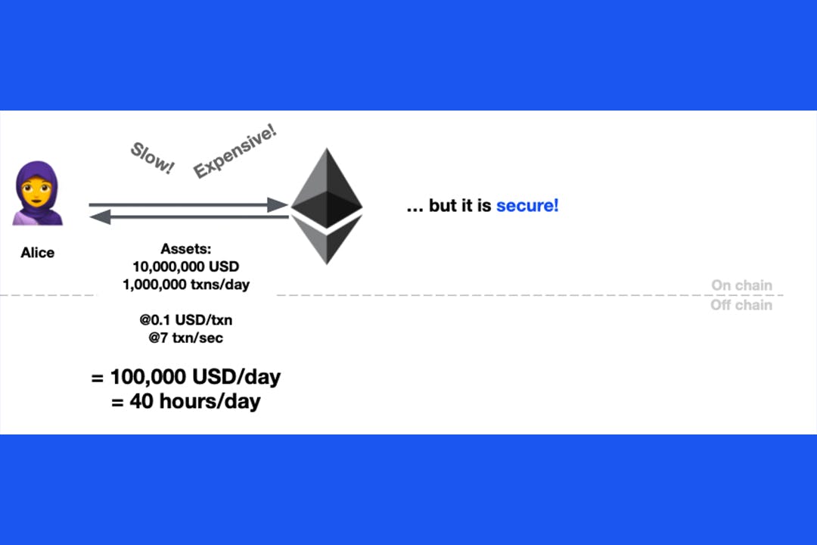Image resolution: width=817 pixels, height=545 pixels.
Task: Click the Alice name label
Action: [38, 252]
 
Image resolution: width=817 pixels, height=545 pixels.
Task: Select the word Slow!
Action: [152, 157]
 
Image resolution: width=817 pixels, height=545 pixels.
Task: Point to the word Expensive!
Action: [235, 151]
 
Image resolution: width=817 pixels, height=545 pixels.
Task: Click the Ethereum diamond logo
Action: [327, 206]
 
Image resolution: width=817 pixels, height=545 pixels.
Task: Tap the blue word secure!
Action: [527, 205]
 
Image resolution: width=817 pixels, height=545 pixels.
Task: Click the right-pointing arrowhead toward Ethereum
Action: [277, 204]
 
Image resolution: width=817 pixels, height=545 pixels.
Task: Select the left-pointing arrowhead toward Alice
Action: [100, 216]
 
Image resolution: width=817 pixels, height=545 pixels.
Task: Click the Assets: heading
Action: [186, 249]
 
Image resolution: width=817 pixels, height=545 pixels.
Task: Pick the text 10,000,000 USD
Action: [186, 266]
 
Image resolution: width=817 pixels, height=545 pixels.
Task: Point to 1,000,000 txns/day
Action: [186, 285]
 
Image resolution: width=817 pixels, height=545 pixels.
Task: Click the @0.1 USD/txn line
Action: [186, 319]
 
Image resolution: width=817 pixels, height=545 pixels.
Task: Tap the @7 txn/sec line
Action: [186, 338]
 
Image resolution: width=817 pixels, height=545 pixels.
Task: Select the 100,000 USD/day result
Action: [195, 376]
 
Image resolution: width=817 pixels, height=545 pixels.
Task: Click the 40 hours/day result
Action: [195, 402]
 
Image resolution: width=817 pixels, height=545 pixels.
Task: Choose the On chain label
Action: [741, 285]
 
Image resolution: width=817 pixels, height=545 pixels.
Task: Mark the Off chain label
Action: [741, 304]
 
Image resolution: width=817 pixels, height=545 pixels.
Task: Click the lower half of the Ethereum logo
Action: [327, 240]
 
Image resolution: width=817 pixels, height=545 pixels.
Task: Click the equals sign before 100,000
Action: [97, 378]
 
